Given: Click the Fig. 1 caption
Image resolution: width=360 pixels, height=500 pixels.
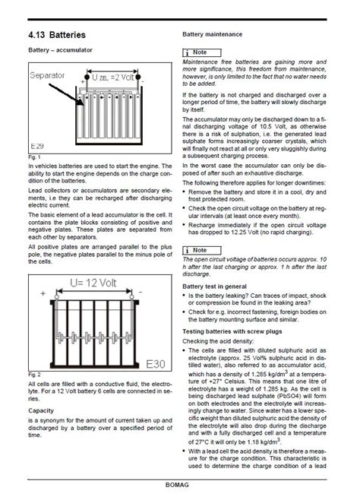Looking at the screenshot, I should pyautogui.click(x=33, y=157).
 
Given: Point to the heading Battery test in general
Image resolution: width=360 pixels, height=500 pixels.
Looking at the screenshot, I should pyautogui.click(x=221, y=286).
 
